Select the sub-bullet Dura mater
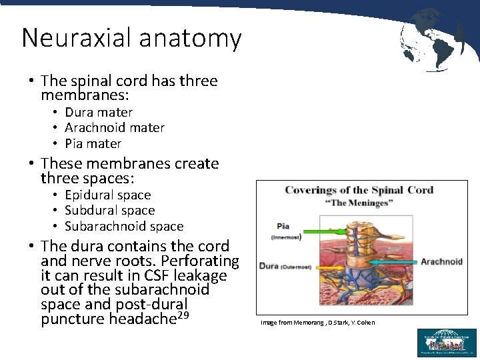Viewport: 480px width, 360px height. [x=99, y=112]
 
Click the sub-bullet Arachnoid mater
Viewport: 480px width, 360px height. [x=115, y=127]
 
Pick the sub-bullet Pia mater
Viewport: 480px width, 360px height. [x=93, y=143]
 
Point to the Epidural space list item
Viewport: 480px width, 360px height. [x=108, y=195]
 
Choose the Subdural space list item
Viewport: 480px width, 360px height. [x=108, y=211]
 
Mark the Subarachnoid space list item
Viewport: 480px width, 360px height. [x=124, y=226]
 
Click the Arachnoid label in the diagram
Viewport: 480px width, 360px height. [x=441, y=262]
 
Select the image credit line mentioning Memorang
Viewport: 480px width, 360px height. [x=317, y=323]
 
